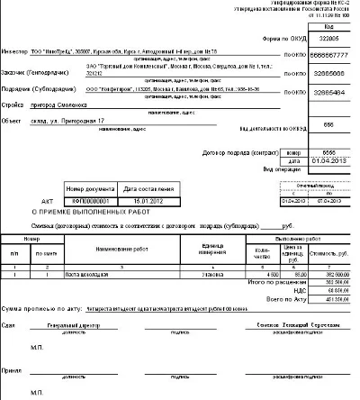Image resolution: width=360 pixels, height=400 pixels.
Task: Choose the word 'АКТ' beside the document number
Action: [x=49, y=202]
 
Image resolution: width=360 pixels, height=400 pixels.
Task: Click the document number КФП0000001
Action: [x=87, y=202]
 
